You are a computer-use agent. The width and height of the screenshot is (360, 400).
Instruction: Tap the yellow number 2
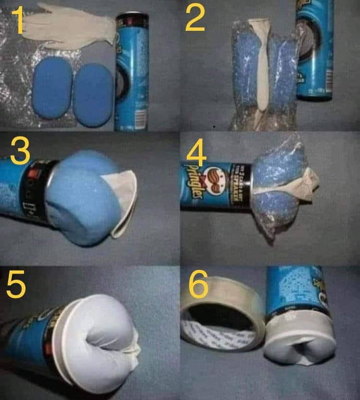coord(195,19)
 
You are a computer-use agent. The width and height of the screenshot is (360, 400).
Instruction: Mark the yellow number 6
coord(198,284)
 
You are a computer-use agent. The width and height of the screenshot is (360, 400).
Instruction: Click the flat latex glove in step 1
coord(67,28)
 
